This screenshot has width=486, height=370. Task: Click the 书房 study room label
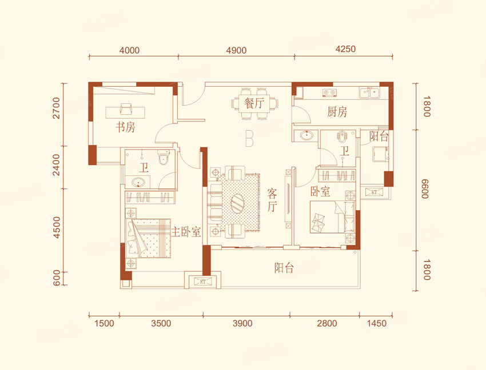(126, 127)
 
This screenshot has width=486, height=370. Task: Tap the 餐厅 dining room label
(254, 103)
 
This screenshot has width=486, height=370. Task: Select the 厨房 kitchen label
(337, 112)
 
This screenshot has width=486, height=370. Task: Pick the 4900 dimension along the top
(236, 50)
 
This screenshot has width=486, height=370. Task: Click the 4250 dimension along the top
(345, 49)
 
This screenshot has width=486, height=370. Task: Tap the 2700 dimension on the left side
(56, 108)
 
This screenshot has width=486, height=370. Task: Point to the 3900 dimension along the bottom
(242, 324)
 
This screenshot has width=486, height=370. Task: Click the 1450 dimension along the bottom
(377, 324)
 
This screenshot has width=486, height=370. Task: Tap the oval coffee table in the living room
(237, 203)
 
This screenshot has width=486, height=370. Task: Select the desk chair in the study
(125, 110)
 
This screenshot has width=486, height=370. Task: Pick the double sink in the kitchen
(369, 93)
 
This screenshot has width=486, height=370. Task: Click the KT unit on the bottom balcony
(203, 281)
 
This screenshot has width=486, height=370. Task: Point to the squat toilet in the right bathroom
(342, 136)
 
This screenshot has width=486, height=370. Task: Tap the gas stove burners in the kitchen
(329, 92)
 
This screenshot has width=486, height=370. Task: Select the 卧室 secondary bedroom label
(321, 192)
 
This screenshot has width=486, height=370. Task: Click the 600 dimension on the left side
(57, 278)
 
